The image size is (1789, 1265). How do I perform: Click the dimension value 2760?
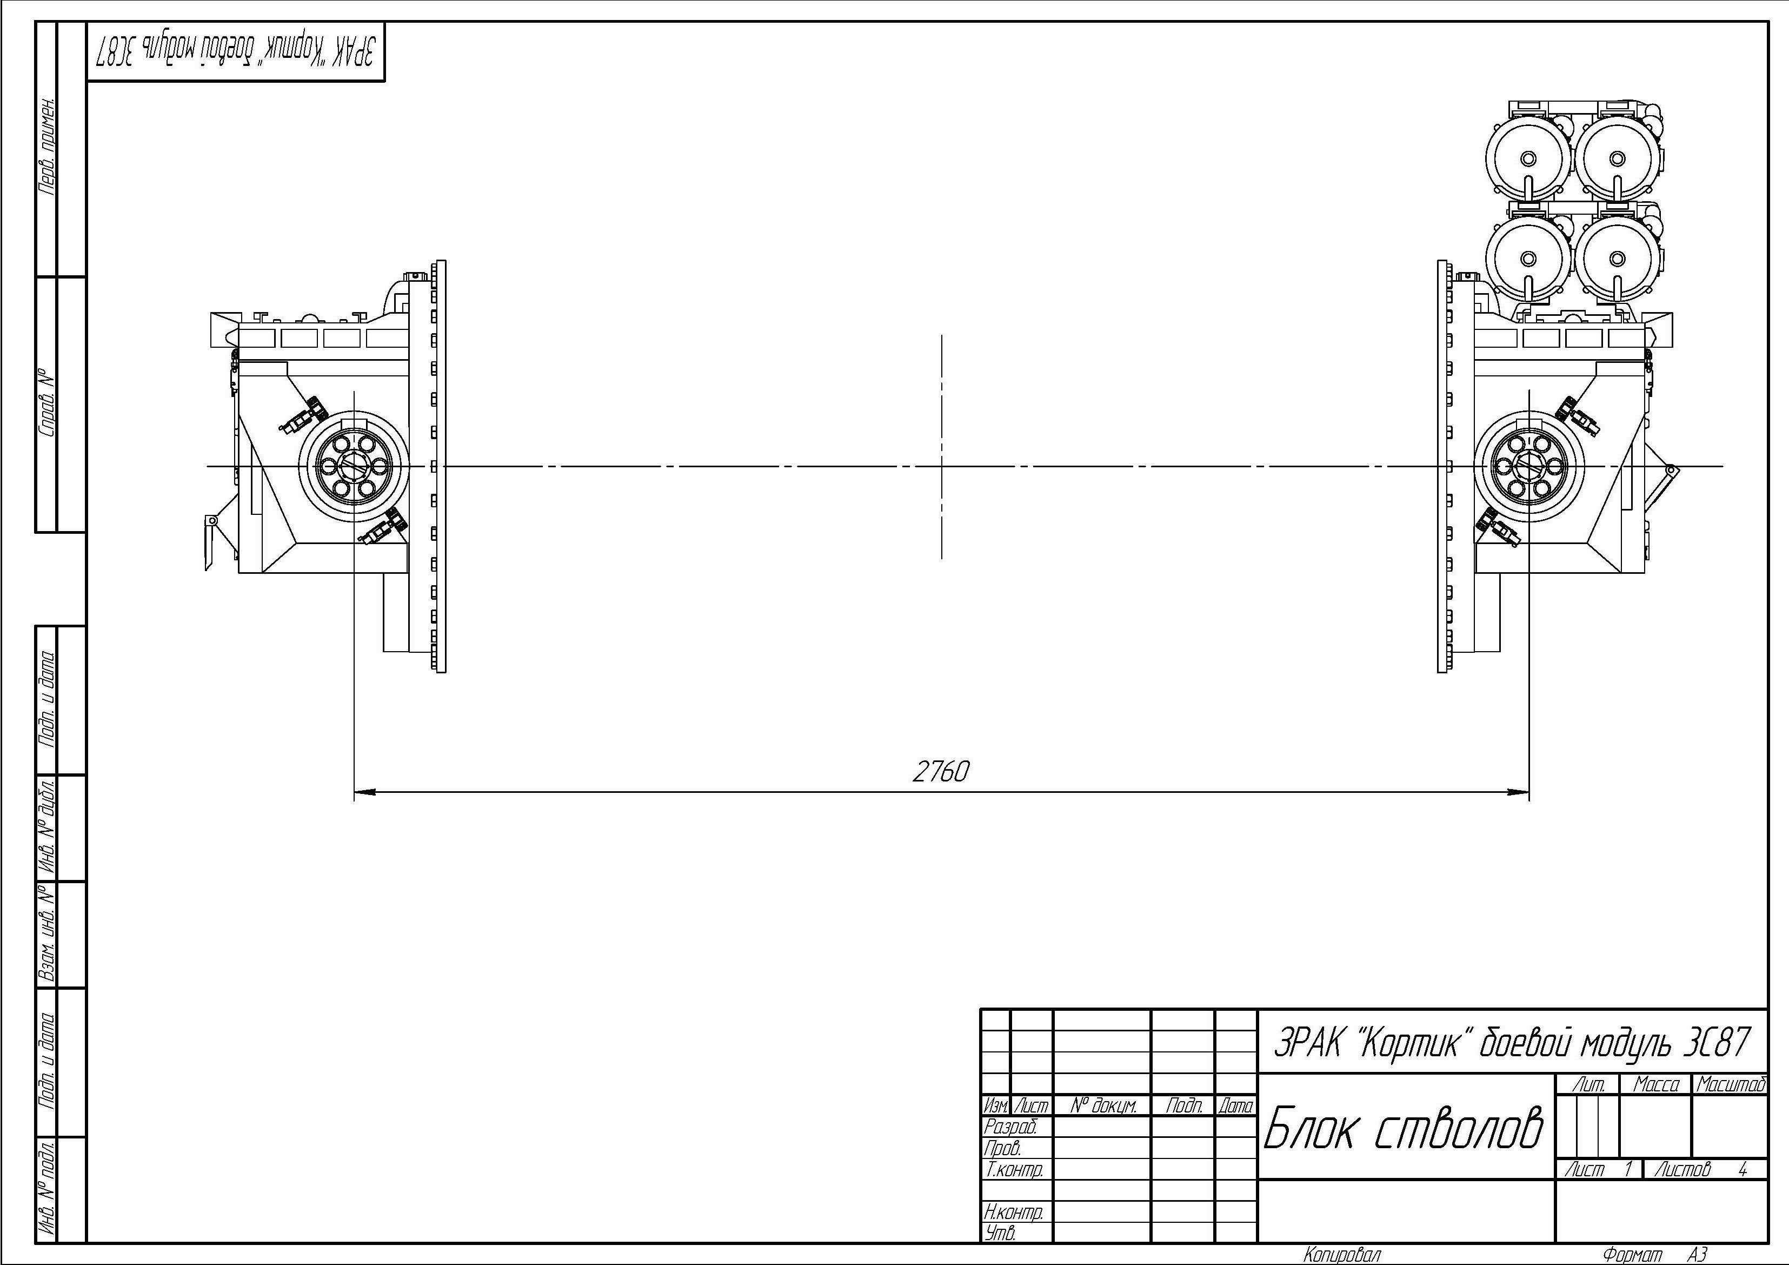[x=941, y=772]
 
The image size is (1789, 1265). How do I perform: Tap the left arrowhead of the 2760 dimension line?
[x=364, y=793]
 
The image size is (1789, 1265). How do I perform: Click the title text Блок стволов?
[x=1402, y=1128]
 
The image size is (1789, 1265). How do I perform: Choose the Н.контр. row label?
[x=1013, y=1212]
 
